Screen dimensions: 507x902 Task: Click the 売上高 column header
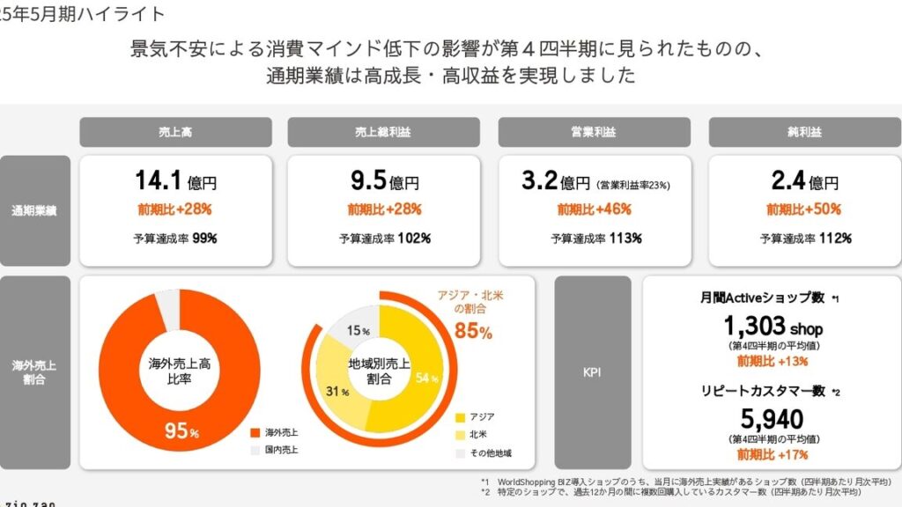175,132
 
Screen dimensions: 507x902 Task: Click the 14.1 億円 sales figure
175,181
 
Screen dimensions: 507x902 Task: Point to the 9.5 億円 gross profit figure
384,181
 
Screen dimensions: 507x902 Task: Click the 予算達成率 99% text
175,239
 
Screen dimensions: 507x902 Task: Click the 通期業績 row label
35,210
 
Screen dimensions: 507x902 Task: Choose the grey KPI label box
592,372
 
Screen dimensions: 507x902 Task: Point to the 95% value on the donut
181,432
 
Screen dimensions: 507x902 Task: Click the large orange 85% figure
473,332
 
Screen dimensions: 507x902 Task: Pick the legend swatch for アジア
461,416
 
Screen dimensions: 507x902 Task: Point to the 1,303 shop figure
772,327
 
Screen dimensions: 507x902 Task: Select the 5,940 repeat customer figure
772,419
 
